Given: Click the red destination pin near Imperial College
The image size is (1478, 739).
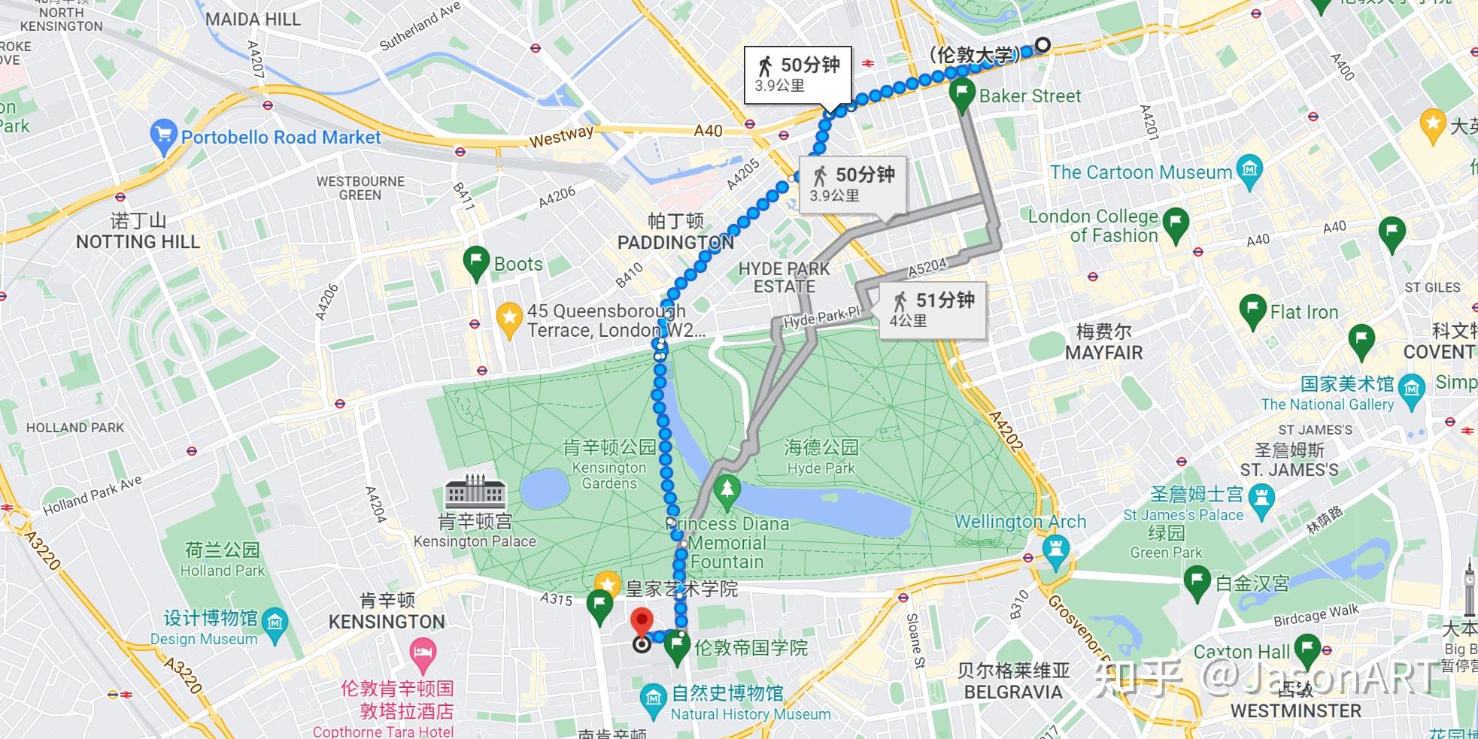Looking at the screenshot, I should [x=641, y=623].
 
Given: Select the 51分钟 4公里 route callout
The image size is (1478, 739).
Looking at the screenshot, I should [x=933, y=309].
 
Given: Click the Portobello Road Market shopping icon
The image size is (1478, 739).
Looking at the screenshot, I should [x=163, y=135].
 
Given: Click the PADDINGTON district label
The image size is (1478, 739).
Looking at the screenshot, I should [x=675, y=242].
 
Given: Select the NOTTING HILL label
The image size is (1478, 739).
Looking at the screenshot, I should [x=138, y=241].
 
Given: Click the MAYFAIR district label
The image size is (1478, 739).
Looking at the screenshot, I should [x=1103, y=352].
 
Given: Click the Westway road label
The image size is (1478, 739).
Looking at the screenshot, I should [x=561, y=136].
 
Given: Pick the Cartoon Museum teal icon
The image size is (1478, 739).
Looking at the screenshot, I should [x=1249, y=170].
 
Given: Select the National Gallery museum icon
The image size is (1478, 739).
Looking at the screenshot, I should [x=1411, y=389].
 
